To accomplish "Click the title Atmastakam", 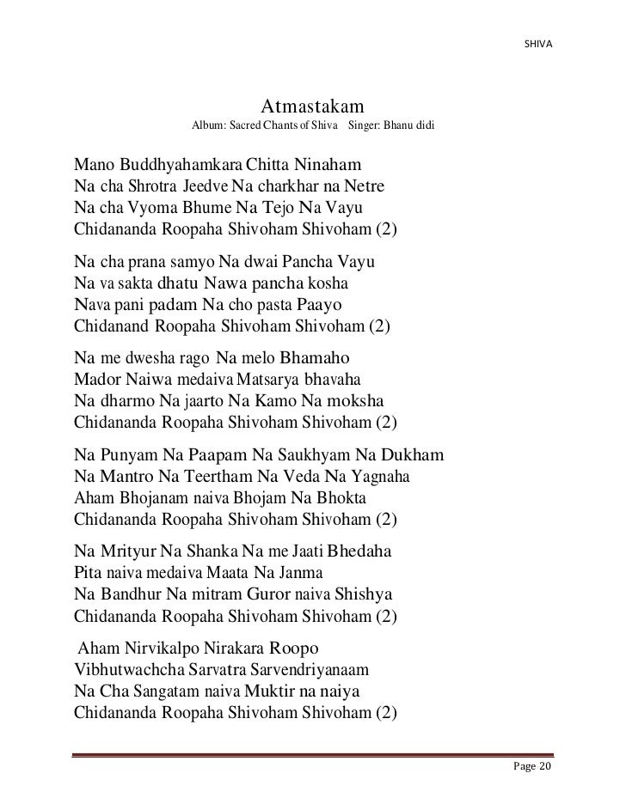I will pos(313,107).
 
